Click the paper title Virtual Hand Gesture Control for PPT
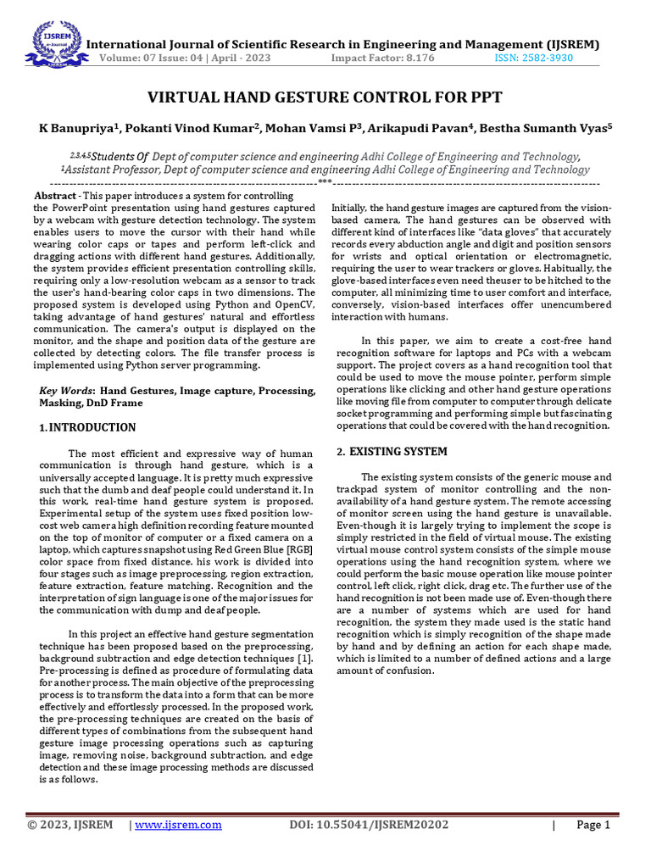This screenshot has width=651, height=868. click(325, 97)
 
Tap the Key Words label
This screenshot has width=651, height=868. click(68, 391)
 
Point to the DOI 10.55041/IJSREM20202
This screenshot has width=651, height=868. click(370, 825)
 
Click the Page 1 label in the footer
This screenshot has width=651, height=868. click(593, 825)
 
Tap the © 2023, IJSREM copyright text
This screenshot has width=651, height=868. click(70, 825)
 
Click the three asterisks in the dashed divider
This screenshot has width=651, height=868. click(325, 182)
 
